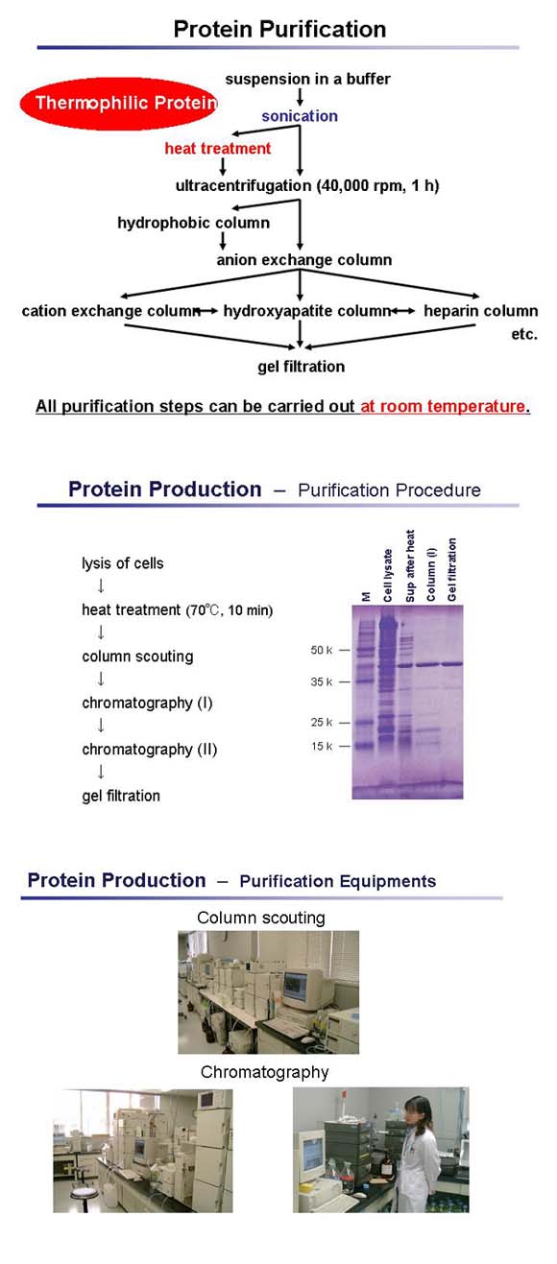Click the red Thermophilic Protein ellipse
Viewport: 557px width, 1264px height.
click(119, 103)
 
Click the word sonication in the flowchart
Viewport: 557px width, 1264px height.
click(300, 116)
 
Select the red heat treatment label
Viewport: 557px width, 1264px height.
click(218, 149)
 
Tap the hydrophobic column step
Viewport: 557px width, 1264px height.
click(193, 224)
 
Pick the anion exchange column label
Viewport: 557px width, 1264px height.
click(303, 259)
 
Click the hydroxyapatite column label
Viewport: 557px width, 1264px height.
click(306, 311)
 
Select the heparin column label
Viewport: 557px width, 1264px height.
click(480, 311)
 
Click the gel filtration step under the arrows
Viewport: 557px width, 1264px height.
click(301, 366)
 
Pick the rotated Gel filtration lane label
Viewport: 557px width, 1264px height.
click(452, 571)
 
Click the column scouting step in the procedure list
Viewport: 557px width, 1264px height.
click(137, 657)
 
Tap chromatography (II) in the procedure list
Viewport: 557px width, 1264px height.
click(149, 750)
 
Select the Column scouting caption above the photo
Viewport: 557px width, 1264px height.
click(261, 918)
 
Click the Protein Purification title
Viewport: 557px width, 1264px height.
click(279, 30)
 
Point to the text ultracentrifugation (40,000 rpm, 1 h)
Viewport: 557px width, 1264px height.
click(306, 186)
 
